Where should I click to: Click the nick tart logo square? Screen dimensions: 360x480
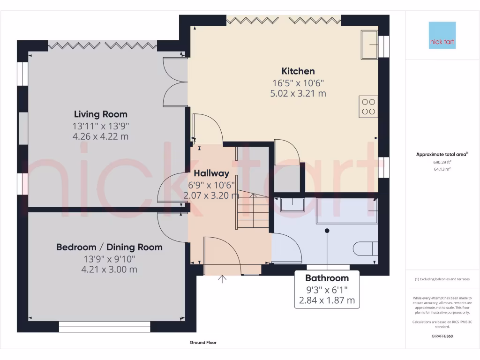(442, 35)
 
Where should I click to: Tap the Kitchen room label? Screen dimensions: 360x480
(298, 71)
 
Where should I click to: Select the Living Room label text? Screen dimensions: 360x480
(101, 114)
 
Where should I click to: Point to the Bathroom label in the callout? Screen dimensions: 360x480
(327, 278)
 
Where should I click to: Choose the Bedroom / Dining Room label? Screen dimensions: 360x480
(109, 247)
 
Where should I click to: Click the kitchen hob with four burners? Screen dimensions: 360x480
(368, 106)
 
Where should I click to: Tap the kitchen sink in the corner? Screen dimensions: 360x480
(369, 45)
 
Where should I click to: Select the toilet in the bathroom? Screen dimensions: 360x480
(365, 248)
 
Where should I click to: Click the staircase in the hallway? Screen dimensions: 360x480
(252, 212)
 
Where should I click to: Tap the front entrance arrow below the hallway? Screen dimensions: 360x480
(222, 279)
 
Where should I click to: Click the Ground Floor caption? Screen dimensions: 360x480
(203, 343)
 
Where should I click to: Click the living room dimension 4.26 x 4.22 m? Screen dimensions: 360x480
(100, 137)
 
